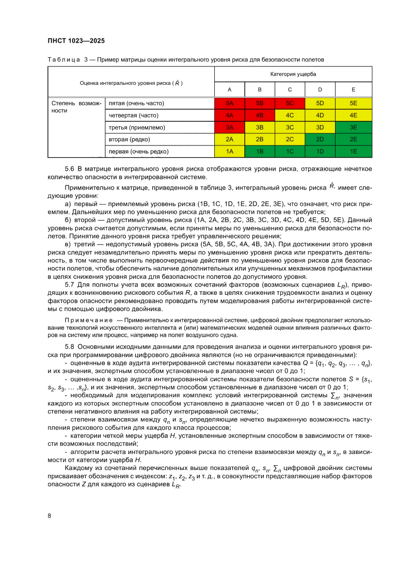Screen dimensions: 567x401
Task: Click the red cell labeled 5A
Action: pos(229,103)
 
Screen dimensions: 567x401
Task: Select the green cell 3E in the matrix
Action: pos(353,128)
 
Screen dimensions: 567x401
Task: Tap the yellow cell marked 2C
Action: pos(290,140)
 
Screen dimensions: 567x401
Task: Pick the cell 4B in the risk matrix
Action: pos(259,115)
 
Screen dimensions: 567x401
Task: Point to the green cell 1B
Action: pos(259,152)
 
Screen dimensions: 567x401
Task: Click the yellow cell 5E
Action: pos(353,103)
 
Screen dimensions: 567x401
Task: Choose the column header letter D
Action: pos(320,90)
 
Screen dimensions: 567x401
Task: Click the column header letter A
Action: pos(229,90)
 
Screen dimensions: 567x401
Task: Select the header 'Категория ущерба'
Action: pos(293,74)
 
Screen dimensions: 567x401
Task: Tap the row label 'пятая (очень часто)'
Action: pos(136,103)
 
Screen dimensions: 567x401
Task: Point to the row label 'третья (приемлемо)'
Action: pos(137,128)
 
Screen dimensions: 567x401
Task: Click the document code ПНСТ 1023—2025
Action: pos(76,41)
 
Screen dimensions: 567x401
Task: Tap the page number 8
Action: pos(49,515)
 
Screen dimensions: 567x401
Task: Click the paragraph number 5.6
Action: pos(69,169)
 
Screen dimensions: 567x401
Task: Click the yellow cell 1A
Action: pos(229,152)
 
